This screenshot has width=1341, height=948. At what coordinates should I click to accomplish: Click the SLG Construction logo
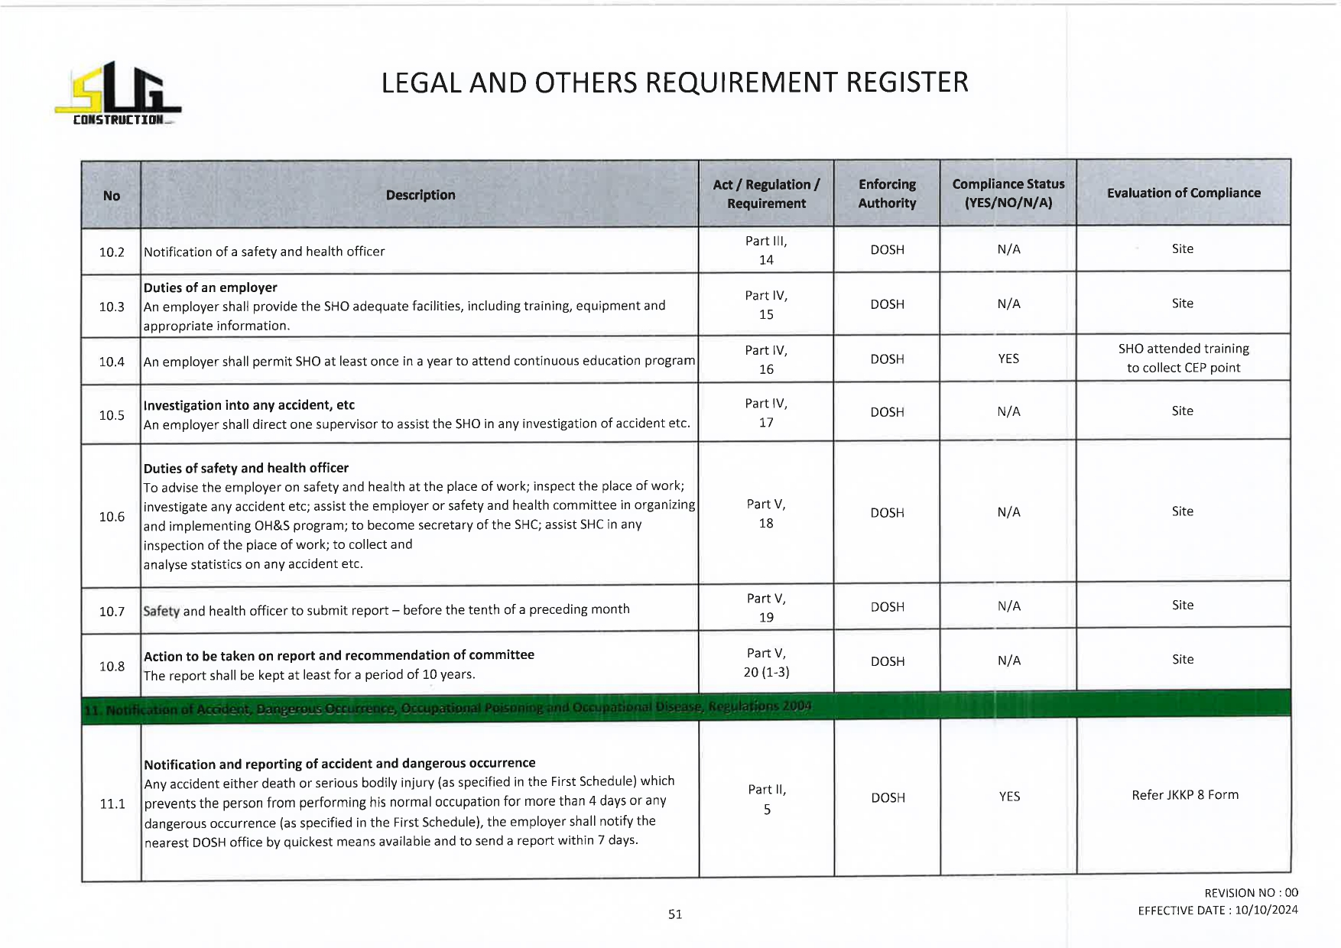click(118, 94)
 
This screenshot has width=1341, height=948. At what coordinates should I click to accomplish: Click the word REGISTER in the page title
click(907, 83)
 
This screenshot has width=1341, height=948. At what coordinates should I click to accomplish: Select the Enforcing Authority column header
click(887, 193)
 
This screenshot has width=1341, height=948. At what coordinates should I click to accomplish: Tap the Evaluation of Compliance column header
click(1183, 193)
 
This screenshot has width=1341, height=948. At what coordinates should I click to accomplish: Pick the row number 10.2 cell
click(112, 252)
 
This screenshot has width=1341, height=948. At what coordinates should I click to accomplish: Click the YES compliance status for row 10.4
click(1008, 359)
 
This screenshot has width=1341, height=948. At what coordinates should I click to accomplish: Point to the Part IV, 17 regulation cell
click(766, 413)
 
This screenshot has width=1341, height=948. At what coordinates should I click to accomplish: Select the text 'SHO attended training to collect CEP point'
click(1183, 358)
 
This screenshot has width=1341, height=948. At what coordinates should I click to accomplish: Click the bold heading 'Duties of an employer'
click(210, 287)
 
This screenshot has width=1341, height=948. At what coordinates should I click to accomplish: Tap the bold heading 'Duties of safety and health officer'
click(246, 468)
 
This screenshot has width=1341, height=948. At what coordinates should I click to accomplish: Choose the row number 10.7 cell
click(112, 612)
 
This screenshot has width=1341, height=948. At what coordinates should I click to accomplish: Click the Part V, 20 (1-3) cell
click(766, 662)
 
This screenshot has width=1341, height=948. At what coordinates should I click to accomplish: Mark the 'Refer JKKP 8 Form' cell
click(1184, 795)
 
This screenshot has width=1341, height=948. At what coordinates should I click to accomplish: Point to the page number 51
click(675, 914)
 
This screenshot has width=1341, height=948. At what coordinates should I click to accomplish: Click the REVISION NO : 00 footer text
click(1251, 893)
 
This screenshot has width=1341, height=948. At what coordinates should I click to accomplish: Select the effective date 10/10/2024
click(1266, 910)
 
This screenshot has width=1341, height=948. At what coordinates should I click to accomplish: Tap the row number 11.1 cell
click(112, 804)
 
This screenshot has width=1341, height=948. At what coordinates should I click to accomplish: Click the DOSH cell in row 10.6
click(887, 513)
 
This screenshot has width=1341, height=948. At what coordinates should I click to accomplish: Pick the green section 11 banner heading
click(447, 708)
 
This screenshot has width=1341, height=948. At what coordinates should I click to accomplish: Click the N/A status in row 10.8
click(1008, 661)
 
